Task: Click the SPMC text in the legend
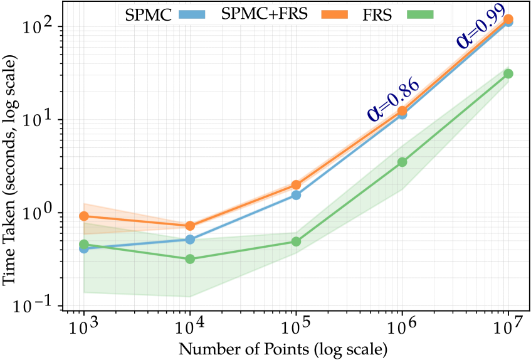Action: pos(148,15)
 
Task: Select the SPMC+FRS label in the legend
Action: pos(264,14)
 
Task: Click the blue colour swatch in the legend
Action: pos(194,14)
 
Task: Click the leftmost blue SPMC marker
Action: pos(83,248)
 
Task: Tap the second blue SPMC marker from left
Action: pos(190,240)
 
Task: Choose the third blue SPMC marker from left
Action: pos(296,195)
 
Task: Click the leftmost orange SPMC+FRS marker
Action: pos(83,216)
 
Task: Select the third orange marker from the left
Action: pos(296,186)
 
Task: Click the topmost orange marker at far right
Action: pos(508,19)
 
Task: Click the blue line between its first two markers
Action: pos(137,244)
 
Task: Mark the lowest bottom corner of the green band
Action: pos(189,297)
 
